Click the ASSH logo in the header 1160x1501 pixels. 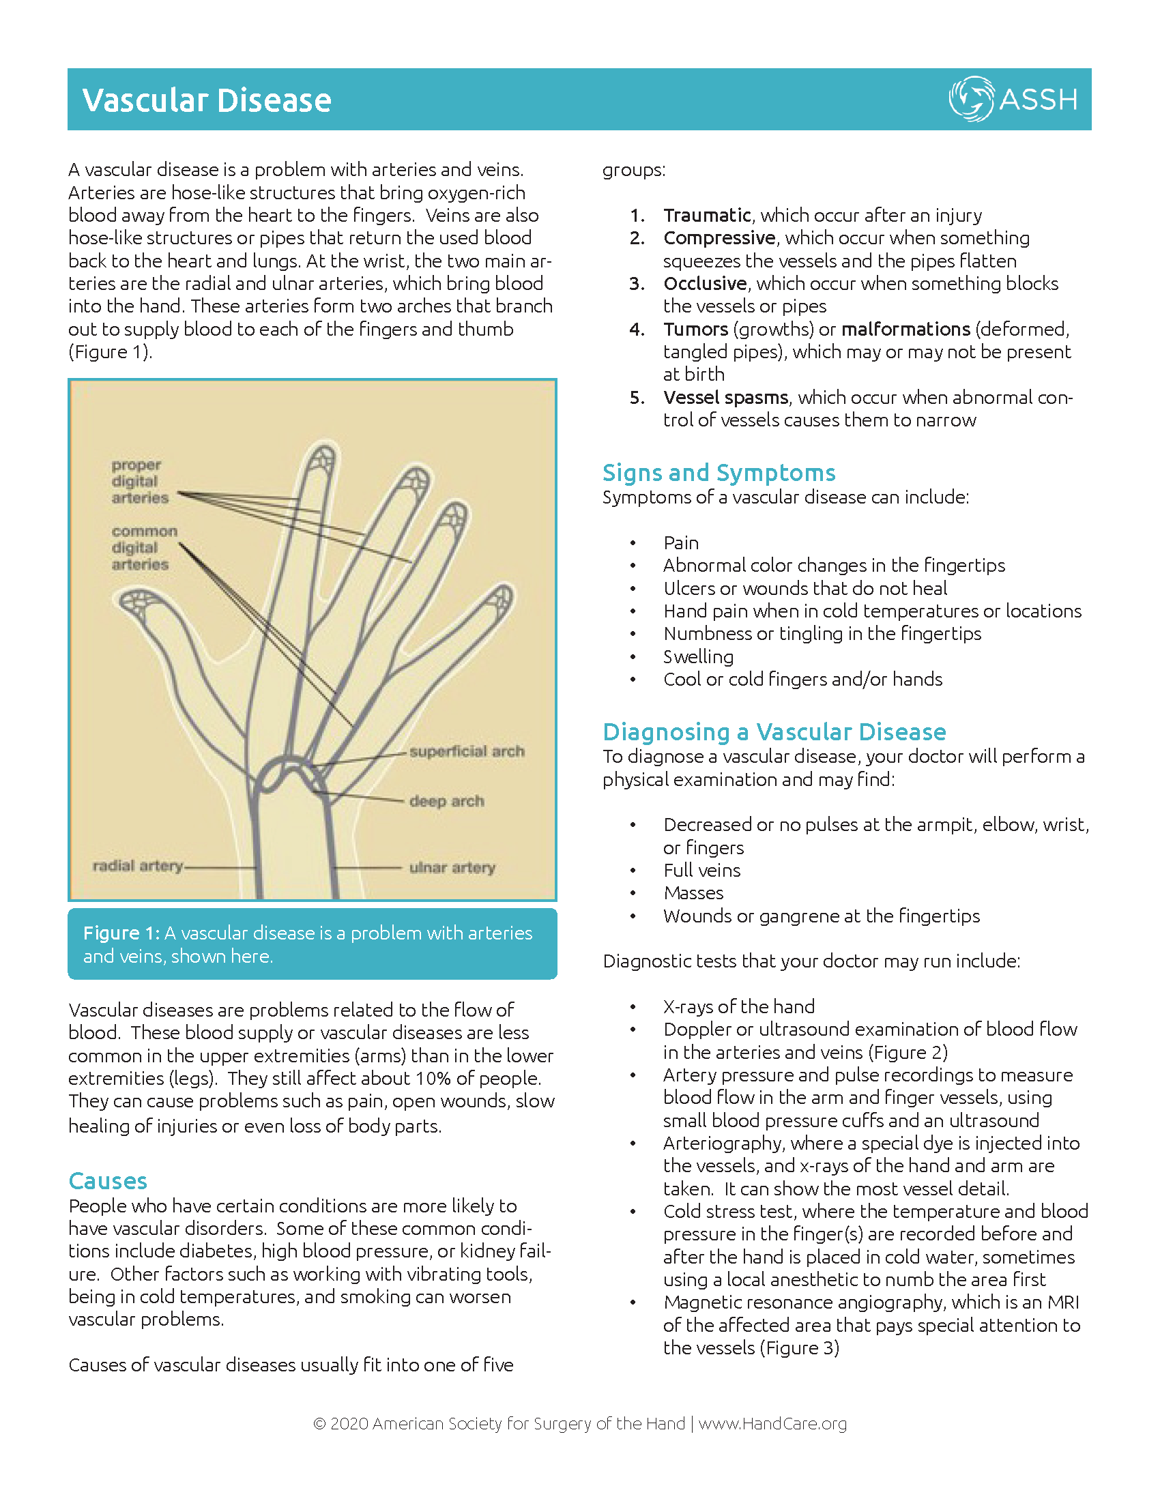pos(1012,99)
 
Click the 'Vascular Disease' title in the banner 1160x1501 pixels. pos(207,100)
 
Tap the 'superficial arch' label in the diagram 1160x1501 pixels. pos(467,751)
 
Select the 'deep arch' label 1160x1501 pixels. pos(447,801)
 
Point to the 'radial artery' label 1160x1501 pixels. pos(137,865)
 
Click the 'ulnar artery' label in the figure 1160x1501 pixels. pos(452,867)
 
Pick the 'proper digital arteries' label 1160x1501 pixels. pos(139,481)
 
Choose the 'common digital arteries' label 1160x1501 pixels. pos(143,548)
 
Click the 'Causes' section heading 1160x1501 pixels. pos(108,1181)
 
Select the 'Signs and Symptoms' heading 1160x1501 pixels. pos(719,473)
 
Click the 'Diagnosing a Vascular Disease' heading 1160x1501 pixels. pos(774,732)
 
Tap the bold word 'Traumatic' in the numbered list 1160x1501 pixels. pos(706,215)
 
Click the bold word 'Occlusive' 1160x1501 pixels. pos(704,283)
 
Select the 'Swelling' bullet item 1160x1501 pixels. pos(698,656)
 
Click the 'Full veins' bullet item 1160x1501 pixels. pos(701,870)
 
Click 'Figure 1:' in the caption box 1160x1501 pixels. pos(121,933)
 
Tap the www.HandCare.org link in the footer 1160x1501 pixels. pos(772,1423)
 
